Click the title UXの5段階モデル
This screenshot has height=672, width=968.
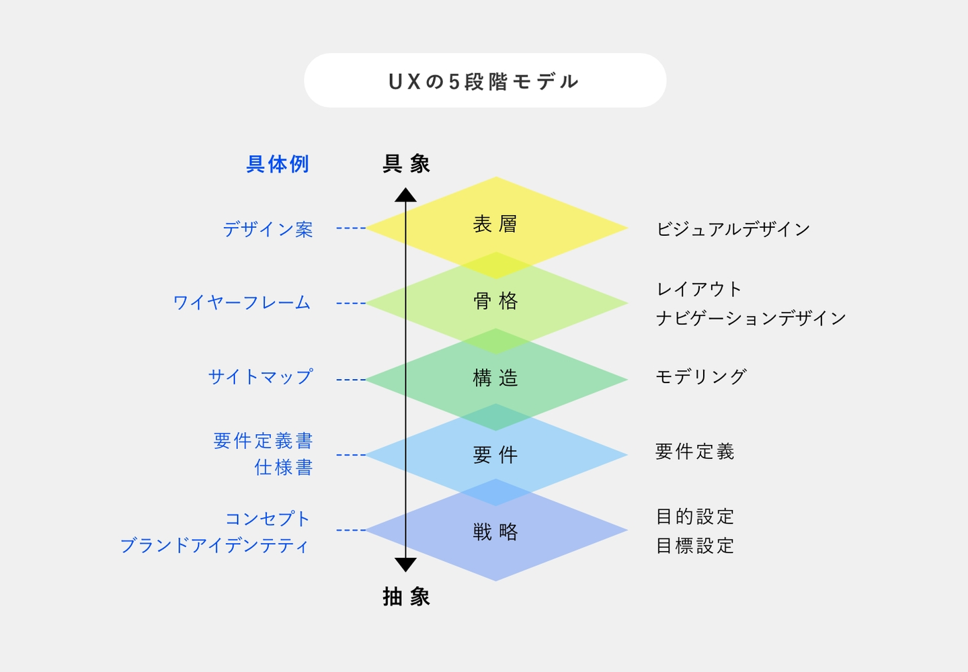[x=484, y=81]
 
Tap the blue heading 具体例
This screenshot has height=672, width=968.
[x=278, y=164]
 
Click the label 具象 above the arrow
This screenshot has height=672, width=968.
[x=406, y=164]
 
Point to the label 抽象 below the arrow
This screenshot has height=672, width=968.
[x=406, y=597]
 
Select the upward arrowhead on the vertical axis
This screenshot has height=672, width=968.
[x=405, y=195]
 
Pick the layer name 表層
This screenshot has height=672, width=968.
[x=495, y=224]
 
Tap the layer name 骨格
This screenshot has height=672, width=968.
[x=495, y=301]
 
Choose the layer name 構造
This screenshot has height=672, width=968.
[x=495, y=378]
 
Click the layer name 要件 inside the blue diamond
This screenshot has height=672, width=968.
[x=495, y=455]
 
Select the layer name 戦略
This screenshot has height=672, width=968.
[x=495, y=532]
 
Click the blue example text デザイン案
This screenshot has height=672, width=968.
[x=268, y=229]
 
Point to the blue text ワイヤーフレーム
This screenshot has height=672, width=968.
[x=242, y=302]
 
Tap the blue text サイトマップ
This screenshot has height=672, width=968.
[x=261, y=376]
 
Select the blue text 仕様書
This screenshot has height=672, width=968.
[x=284, y=467]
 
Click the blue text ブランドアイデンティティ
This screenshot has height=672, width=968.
[x=215, y=546]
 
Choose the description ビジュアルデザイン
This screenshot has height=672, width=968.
[x=733, y=229]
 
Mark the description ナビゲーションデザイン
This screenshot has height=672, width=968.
[x=751, y=319]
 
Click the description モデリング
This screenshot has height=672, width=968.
[x=701, y=376]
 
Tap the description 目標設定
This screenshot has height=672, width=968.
[x=695, y=546]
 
